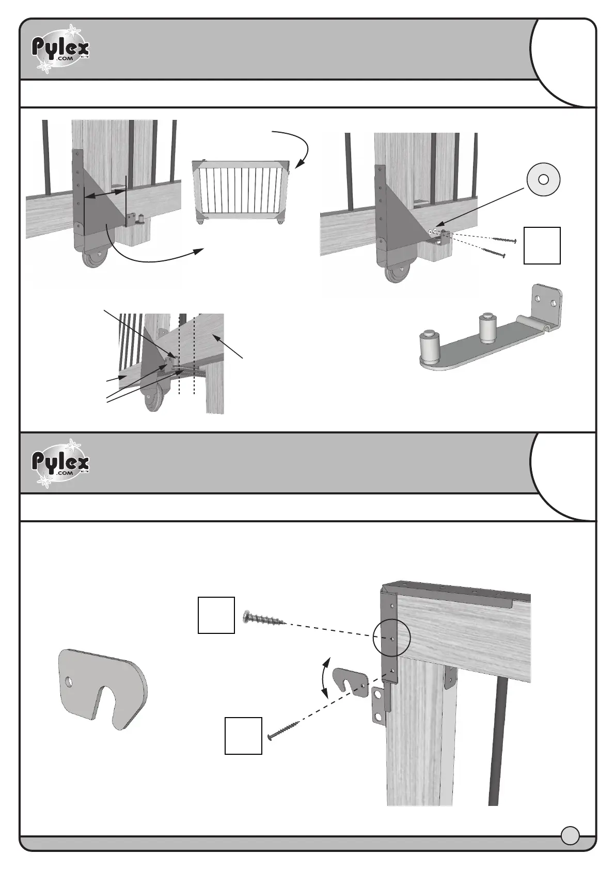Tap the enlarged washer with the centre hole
[543, 179]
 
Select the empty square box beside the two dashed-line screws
[542, 245]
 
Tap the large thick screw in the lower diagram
[263, 617]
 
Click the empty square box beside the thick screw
[216, 615]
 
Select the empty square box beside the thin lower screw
[243, 736]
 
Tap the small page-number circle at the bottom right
[570, 835]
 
